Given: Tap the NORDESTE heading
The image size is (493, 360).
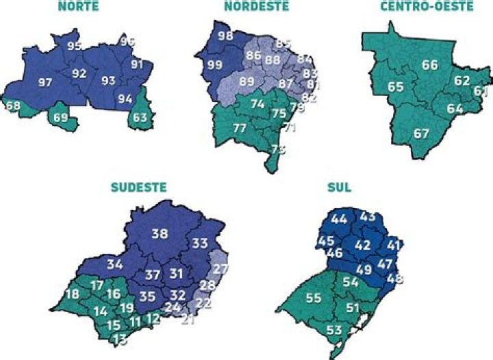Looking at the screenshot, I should click(256, 5).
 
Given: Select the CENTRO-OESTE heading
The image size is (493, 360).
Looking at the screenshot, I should click(426, 5).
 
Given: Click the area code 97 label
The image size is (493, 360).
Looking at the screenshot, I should click(46, 83).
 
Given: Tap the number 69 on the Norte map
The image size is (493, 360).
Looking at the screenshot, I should click(61, 118).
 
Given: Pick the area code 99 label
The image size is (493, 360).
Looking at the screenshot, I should click(214, 66).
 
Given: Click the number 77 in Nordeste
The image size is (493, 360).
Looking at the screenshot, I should click(240, 128).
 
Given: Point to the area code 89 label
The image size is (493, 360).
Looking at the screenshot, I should click(246, 81).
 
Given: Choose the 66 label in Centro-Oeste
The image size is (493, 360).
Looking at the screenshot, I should click(430, 66).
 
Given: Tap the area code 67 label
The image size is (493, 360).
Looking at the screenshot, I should click(420, 133).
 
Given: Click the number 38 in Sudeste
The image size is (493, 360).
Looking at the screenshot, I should click(160, 234).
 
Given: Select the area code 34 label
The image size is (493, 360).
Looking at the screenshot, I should click(115, 263).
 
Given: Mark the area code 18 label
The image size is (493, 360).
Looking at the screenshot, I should click(72, 294).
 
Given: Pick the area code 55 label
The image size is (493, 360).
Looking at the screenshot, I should click(313, 298).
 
